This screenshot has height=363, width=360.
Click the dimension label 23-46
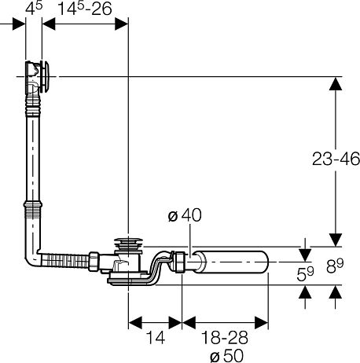336,159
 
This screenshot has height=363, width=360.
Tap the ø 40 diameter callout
185,215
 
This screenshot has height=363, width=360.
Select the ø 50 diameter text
226,355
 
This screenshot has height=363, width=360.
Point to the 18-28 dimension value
225,337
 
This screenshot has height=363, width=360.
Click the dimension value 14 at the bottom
156,337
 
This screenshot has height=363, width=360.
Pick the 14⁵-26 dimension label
84,9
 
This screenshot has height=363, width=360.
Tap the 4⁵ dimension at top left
34,9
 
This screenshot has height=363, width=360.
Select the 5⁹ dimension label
305,273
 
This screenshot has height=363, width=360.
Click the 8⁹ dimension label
335,266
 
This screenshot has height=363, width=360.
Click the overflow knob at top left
46,76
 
